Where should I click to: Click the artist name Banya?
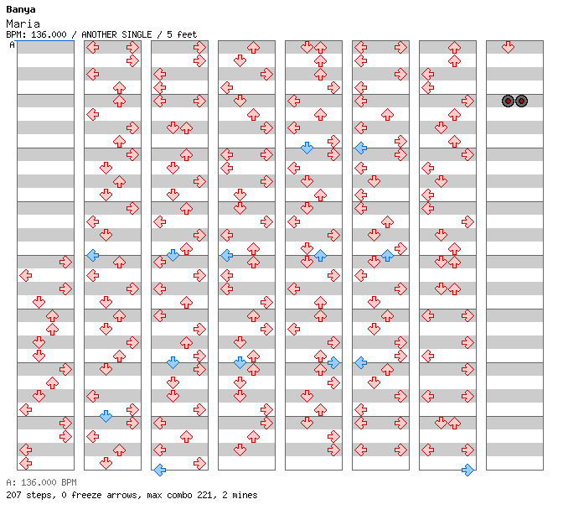point(21,10)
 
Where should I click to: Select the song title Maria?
point(23,24)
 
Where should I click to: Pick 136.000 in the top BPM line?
point(49,34)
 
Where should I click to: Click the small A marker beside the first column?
point(12,45)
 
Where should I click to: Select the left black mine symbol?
point(508,101)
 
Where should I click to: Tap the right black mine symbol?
point(521,101)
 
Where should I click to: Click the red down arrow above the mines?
point(508,47)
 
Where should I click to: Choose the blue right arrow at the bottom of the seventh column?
point(467,470)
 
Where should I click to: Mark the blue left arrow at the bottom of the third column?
point(160,470)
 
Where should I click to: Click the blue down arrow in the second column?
point(106,416)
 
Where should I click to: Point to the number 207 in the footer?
point(13,495)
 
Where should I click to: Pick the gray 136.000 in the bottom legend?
point(39,482)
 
